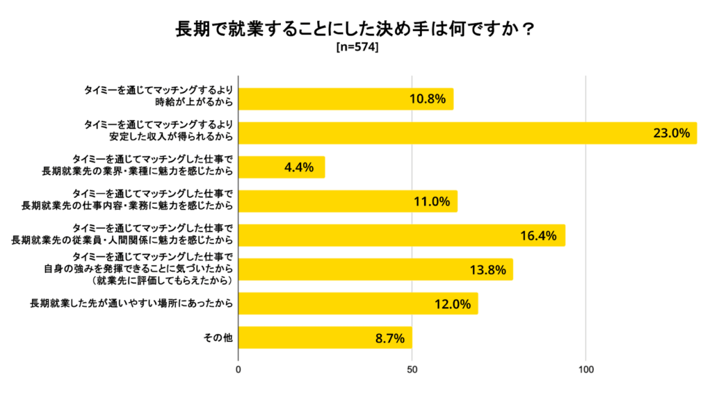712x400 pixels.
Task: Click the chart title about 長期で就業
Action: pos(355,30)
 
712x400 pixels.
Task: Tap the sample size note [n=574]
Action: pos(356,48)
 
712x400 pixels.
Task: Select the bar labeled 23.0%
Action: pos(467,133)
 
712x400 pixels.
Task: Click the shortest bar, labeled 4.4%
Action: pos(282,167)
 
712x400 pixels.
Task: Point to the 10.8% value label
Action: pos(427,99)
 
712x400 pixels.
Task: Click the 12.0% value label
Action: pos(452,303)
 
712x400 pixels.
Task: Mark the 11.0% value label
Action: pos(431,201)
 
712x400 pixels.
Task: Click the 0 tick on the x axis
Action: pos(238,370)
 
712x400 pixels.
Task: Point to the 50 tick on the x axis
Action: pos(412,370)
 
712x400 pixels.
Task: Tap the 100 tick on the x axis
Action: pos(586,370)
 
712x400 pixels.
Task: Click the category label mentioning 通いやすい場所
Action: pos(131,303)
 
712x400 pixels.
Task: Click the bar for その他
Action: pos(325,337)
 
